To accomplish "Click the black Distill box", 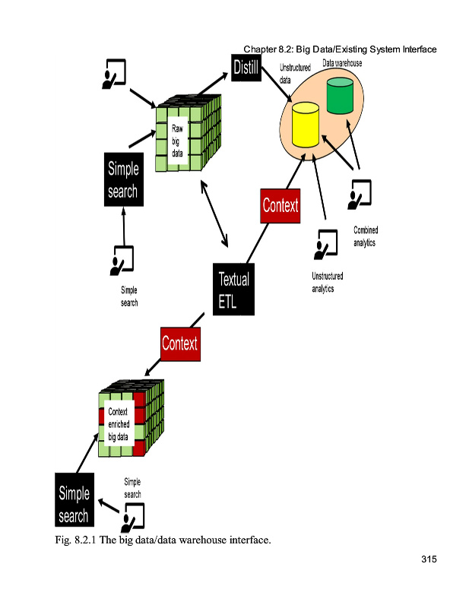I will click(246, 69).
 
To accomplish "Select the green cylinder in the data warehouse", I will click(340, 97).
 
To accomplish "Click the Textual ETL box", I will click(233, 290).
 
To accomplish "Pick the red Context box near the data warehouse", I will click(280, 205).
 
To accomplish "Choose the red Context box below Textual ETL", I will click(180, 343).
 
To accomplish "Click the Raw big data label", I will click(176, 141).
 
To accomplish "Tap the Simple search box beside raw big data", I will click(123, 180).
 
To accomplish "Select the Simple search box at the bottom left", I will click(74, 505).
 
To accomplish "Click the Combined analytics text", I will click(366, 236).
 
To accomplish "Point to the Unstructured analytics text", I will click(327, 282).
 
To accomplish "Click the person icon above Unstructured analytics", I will click(325, 244).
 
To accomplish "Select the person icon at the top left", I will click(115, 72).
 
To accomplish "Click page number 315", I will click(428, 561).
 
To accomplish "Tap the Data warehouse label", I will click(342, 63).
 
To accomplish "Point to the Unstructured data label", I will click(295, 74).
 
